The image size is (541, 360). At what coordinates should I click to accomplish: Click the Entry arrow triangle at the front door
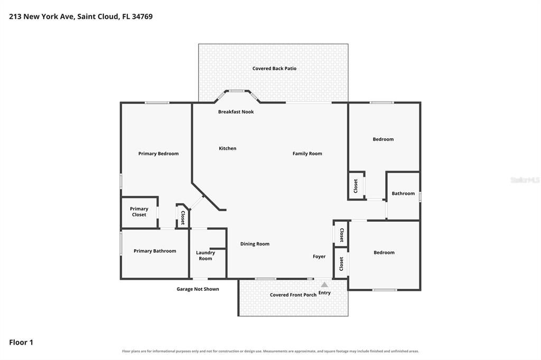click(x=324, y=285)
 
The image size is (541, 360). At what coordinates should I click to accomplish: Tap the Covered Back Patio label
click(x=274, y=68)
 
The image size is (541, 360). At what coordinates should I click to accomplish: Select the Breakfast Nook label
click(x=236, y=112)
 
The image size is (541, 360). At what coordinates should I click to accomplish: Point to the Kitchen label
click(x=228, y=148)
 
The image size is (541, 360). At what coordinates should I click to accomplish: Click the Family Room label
click(x=307, y=154)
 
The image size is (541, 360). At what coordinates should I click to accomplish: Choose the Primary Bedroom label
click(x=158, y=154)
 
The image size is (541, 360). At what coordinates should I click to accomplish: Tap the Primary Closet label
click(x=139, y=212)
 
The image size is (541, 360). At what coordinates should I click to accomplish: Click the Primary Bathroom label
click(x=155, y=251)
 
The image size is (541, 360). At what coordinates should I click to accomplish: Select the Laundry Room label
click(x=206, y=255)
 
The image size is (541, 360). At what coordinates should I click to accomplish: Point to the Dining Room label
click(x=255, y=244)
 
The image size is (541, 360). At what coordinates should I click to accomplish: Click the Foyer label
click(x=319, y=257)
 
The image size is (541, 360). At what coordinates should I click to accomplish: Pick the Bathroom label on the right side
click(x=403, y=193)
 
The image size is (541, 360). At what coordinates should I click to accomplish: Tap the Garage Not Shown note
click(x=198, y=289)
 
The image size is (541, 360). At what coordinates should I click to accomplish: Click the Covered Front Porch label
click(x=293, y=295)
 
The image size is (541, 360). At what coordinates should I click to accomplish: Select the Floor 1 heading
click(x=21, y=343)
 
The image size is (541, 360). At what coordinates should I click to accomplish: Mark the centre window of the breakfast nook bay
click(x=237, y=91)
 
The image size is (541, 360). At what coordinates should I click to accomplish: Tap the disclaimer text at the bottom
click(x=270, y=351)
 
